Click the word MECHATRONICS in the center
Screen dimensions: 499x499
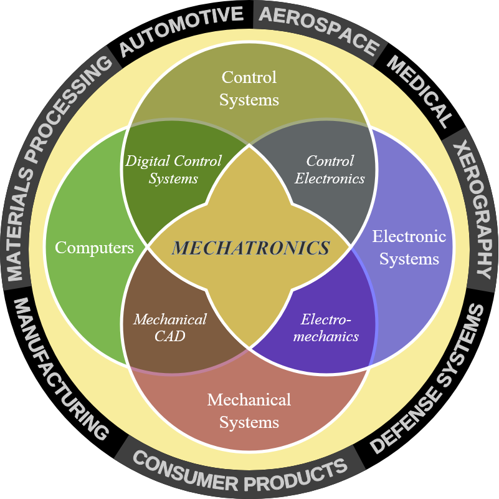(x=250, y=248)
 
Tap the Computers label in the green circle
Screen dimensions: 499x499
(x=94, y=248)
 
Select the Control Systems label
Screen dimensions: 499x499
(x=249, y=89)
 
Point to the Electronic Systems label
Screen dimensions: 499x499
(x=409, y=247)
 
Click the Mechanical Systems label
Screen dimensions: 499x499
(x=249, y=410)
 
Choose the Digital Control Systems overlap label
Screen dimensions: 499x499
(x=173, y=170)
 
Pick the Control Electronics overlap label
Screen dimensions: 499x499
(x=330, y=170)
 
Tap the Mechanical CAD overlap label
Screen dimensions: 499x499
(x=170, y=327)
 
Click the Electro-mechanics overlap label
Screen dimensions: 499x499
(x=326, y=327)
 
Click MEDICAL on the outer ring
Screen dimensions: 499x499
(x=419, y=92)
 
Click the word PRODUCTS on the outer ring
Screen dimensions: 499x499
(x=296, y=475)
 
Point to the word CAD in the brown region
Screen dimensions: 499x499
(x=170, y=336)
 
